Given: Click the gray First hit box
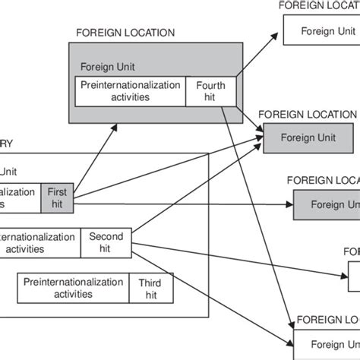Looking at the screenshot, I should click(x=57, y=197).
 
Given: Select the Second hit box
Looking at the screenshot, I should click(x=105, y=242).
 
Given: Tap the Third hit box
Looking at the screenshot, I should click(x=149, y=288).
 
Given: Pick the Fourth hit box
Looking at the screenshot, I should click(x=211, y=91).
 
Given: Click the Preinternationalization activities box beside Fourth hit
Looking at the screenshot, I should click(x=130, y=91).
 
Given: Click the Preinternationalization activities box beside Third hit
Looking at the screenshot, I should click(x=73, y=288).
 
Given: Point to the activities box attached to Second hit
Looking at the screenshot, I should click(x=38, y=242).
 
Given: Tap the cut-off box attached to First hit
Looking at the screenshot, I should click(x=19, y=197).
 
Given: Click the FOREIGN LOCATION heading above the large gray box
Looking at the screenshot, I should click(x=125, y=33).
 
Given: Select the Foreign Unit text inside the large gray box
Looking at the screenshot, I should click(x=109, y=66).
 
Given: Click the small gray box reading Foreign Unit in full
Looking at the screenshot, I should click(x=308, y=138).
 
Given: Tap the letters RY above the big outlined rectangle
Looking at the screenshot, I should click(x=7, y=144).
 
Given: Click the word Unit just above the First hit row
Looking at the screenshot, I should click(x=10, y=172).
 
